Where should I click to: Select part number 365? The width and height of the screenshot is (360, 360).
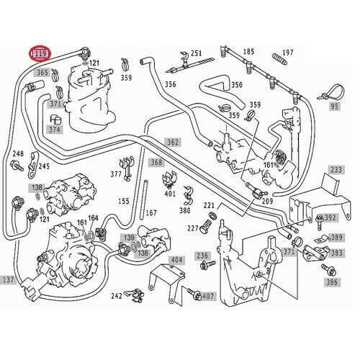[x=42, y=73]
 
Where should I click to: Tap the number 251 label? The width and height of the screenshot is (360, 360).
[x=197, y=53]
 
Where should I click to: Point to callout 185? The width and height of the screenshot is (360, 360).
[x=248, y=52]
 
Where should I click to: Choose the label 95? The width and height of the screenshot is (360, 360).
[x=333, y=106]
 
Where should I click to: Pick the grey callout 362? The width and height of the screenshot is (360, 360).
[x=173, y=142]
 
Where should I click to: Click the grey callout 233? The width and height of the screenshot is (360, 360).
[x=336, y=170]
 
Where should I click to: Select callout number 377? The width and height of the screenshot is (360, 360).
[x=116, y=174]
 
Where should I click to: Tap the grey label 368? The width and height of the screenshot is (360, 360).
[x=156, y=163]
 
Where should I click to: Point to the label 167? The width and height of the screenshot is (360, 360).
[x=151, y=212]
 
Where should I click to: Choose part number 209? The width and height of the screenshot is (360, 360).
[x=267, y=201]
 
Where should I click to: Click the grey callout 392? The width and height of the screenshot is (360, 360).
[x=330, y=217]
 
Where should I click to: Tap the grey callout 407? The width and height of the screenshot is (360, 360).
[x=208, y=296]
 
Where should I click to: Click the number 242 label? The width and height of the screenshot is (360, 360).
[x=116, y=295]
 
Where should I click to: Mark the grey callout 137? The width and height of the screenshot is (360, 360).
[x=8, y=279]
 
